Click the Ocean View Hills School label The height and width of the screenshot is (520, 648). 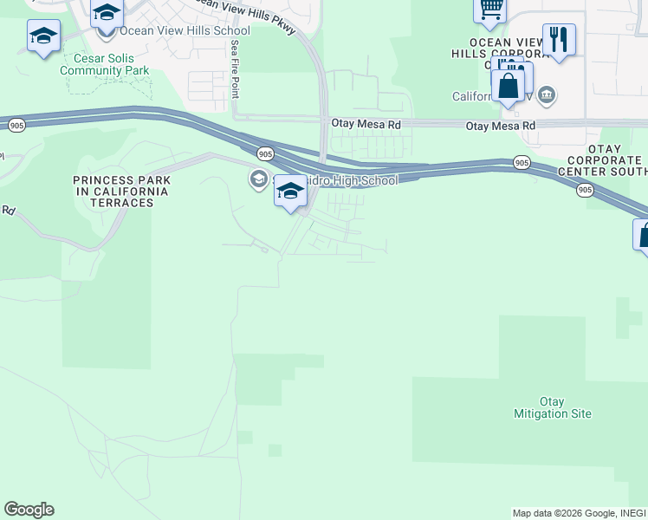(x=185, y=30)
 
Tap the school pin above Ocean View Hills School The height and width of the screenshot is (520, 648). (x=107, y=13)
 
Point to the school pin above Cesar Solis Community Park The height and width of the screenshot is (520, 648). (x=43, y=36)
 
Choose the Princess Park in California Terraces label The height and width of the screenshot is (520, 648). (x=120, y=191)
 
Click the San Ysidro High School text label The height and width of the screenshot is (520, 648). (x=347, y=180)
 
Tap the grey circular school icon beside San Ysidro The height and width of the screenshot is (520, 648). (x=257, y=179)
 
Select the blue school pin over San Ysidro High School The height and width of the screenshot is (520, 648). (x=290, y=192)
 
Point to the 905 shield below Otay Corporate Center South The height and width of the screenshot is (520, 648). (x=586, y=190)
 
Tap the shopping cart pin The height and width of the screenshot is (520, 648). (x=490, y=9)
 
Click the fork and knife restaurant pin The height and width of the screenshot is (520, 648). (x=559, y=39)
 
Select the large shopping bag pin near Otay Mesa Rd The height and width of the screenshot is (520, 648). (x=508, y=86)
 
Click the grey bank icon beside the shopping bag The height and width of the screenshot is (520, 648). (x=547, y=94)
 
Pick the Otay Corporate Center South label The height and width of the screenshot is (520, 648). (x=605, y=166)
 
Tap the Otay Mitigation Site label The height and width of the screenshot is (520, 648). (x=552, y=407)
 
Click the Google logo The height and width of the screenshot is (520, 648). (x=29, y=510)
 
